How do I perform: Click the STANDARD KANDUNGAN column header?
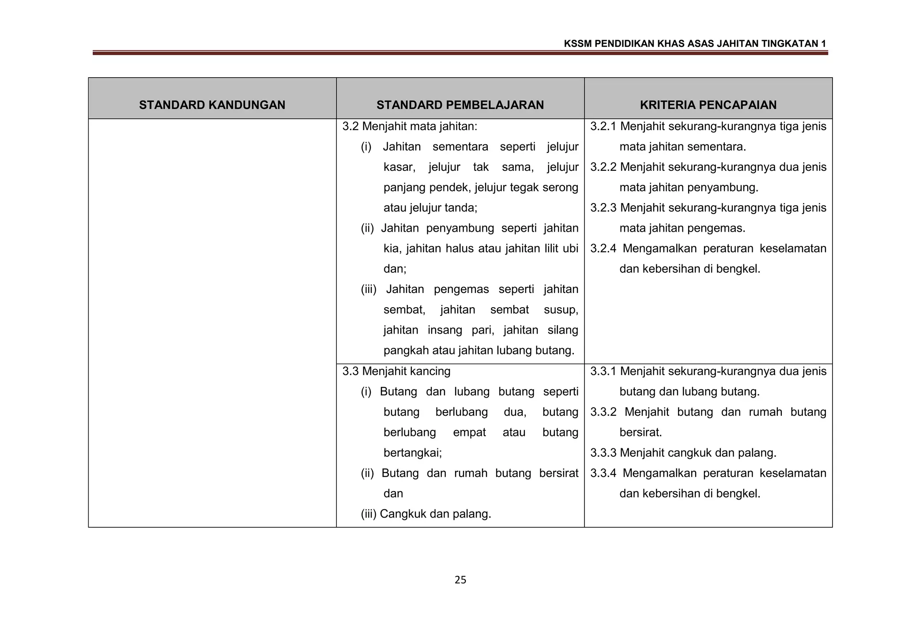point(212,105)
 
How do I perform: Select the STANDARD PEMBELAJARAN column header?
point(460,105)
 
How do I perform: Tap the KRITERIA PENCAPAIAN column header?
point(708,105)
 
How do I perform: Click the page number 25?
point(460,580)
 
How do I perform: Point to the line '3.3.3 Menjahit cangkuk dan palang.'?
point(683,453)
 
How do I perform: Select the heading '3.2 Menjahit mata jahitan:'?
point(410,127)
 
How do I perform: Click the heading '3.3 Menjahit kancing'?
point(396,371)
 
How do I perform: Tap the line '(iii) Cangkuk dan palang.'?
point(426,514)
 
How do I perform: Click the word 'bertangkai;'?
point(413,453)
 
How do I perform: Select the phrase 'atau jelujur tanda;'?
point(430,208)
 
